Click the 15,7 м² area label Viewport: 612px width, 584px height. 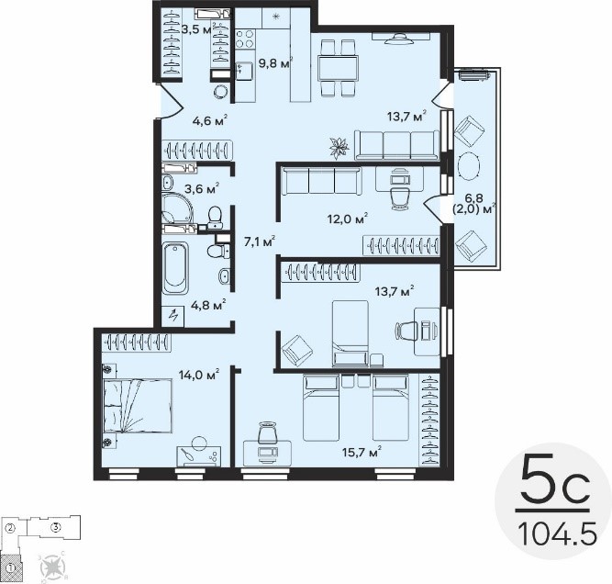coord(362,452)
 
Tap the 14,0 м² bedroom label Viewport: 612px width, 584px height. coord(199,375)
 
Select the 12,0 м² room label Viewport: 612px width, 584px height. coord(348,219)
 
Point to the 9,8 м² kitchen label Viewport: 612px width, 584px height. coord(275,63)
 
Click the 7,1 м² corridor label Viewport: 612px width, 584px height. coord(260,241)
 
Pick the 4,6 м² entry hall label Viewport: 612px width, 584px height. coord(210,120)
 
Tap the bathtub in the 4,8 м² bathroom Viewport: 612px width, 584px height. coord(175,268)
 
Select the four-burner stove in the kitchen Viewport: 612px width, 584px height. coord(245,39)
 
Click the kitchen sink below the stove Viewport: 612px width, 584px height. coord(244,71)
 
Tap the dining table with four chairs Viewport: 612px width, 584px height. coord(338,68)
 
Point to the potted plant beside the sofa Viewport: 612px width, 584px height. coord(338,148)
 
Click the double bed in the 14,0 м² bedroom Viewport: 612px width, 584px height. coord(138,406)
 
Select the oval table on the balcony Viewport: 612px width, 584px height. coord(469,165)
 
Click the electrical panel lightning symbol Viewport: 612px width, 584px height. coord(173,315)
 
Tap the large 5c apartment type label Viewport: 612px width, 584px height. coord(555,479)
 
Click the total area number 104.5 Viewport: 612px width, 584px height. coord(558,534)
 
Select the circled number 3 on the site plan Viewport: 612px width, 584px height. coord(56,527)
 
